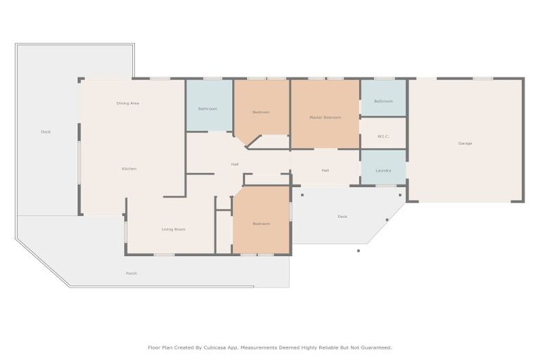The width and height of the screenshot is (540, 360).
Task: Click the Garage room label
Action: pos(465,143)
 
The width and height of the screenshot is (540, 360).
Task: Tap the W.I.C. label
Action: pos(383,136)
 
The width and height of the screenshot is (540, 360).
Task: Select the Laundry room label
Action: pos(383,171)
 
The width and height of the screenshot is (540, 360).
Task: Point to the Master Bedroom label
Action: pos(325,117)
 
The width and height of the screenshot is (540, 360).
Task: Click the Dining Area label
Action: pos(128,103)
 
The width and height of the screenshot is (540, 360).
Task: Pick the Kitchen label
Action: pos(129,169)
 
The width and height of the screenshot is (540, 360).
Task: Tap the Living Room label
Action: pos(173,229)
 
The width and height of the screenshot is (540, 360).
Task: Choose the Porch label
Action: pos(131,273)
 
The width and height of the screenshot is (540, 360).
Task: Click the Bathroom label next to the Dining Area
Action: pos(207,109)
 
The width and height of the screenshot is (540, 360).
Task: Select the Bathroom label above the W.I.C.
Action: pos(383,101)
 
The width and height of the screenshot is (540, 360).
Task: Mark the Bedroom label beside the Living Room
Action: pos(261,224)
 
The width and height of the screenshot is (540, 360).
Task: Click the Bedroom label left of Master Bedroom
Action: pos(261,112)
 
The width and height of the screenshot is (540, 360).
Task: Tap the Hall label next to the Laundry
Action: pos(325,170)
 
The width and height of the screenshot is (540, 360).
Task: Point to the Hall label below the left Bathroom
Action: pos(235,165)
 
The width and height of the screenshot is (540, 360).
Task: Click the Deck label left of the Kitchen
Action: pos(46,131)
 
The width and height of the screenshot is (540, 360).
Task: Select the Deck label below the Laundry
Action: pos(342,217)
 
